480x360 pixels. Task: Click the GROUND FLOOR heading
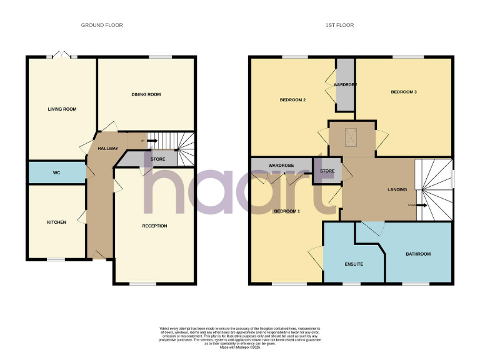102,25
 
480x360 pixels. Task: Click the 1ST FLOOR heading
340,25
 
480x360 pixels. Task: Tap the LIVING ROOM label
62,109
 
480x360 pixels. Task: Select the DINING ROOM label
146,94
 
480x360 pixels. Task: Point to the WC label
56,172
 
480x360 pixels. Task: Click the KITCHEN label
56,222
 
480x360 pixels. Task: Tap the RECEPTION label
154,226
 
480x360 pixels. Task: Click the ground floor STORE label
157,159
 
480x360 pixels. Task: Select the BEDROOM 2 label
292,100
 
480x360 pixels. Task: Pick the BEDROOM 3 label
404,92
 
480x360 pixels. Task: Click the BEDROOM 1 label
287,211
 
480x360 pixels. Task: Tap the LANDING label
397,189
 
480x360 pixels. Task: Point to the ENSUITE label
354,264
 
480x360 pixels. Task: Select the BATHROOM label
418,254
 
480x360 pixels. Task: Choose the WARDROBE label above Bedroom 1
281,165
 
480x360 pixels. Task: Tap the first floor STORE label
327,171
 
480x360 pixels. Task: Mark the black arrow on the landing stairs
423,205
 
